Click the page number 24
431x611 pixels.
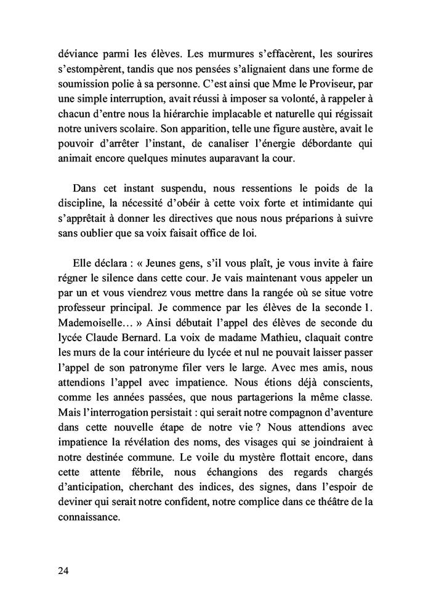pyautogui.click(x=63, y=570)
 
